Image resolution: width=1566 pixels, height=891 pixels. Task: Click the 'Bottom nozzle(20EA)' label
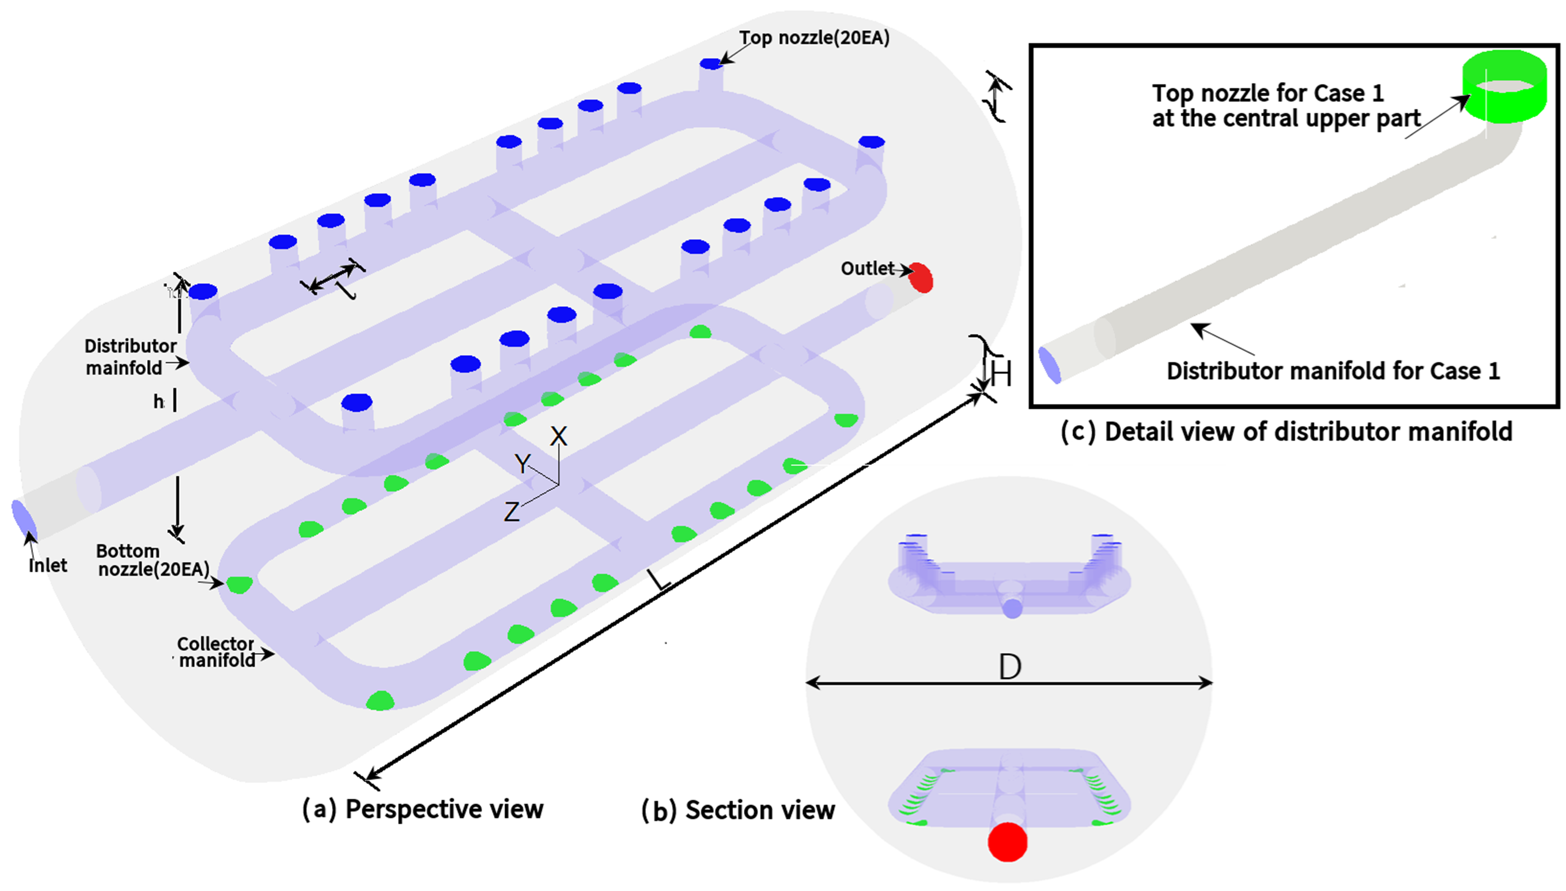coord(153,560)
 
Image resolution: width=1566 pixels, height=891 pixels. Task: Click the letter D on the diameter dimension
coord(1010,666)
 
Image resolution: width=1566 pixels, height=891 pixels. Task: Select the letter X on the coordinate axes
coord(558,436)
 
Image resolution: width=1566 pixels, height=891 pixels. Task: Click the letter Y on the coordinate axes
coord(522,463)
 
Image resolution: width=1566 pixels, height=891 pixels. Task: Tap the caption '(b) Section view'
coord(738,810)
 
